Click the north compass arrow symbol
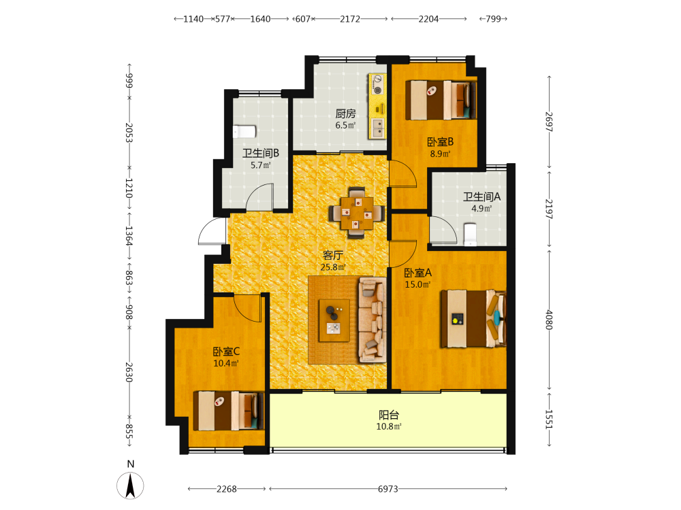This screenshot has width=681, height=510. (130, 486)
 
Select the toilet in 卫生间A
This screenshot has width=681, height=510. (470, 234)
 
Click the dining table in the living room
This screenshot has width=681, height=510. (357, 213)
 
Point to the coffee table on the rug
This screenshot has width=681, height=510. (334, 320)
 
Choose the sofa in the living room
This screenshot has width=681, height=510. (373, 320)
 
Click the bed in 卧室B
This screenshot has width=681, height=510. (441, 100)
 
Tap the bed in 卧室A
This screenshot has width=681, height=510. (473, 319)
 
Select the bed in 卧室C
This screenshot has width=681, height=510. (228, 411)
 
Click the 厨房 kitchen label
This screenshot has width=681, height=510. (345, 114)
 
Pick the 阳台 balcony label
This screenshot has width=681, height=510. (389, 415)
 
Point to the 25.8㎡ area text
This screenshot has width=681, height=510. (333, 267)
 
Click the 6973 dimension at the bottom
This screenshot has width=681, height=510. (388, 489)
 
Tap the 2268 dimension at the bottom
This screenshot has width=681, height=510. (227, 489)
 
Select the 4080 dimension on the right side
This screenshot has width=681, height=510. (549, 320)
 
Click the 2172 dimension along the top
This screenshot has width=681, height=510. (350, 19)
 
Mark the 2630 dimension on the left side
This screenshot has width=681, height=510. (129, 372)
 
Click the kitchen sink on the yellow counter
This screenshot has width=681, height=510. (378, 129)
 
